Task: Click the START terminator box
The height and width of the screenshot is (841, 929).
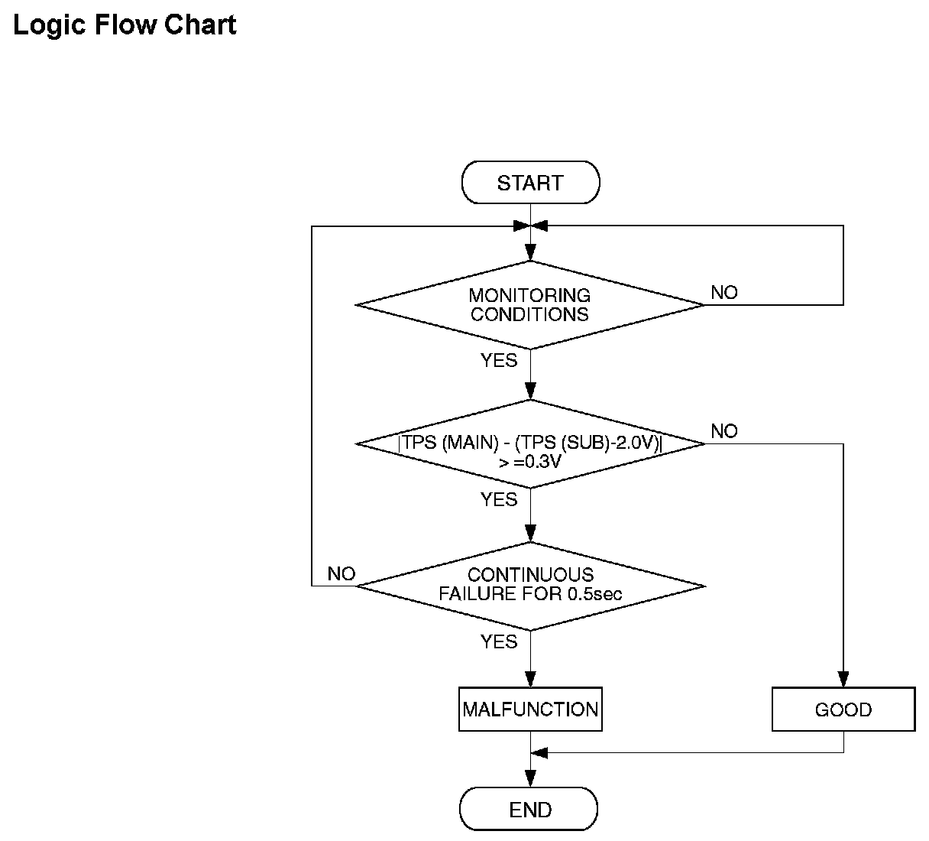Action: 530,182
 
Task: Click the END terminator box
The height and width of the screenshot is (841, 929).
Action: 529,809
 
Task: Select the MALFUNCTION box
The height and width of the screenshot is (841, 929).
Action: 530,709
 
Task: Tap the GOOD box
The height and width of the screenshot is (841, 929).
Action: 843,709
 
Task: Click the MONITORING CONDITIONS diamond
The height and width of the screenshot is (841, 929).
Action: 530,305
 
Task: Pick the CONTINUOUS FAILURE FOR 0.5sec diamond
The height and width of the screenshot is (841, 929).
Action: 530,586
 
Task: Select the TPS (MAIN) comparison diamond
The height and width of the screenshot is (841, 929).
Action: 530,443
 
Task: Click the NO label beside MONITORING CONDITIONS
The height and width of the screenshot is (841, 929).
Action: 724,293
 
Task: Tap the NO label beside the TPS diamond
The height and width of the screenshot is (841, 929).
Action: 724,431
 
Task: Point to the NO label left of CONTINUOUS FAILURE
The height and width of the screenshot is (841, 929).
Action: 341,574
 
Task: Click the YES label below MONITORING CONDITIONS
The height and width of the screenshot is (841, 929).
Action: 499,360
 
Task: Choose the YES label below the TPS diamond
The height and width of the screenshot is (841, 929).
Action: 499,499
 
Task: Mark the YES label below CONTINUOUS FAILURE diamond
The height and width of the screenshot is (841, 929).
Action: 499,641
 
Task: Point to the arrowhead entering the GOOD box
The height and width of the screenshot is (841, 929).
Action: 843,679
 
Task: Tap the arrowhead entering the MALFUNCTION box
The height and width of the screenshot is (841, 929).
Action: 530,679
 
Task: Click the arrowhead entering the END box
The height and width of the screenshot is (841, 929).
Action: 530,779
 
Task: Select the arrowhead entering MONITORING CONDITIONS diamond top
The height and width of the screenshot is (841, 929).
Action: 530,253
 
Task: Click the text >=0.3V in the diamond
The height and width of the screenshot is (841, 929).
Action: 529,462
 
